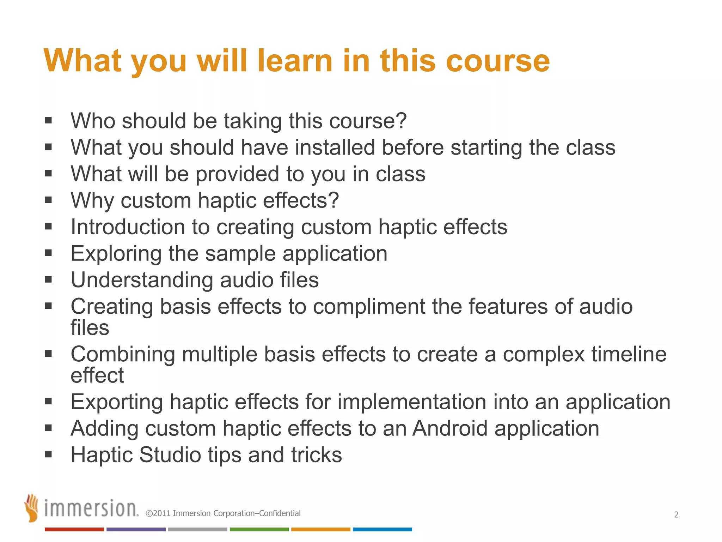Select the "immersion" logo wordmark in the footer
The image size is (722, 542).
coord(91,508)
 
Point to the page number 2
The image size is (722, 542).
coord(676,514)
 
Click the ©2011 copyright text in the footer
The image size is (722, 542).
coord(223,513)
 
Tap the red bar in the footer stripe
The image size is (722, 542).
coord(74,529)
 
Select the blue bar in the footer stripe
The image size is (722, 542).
coord(382,529)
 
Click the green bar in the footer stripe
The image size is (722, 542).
coord(259,529)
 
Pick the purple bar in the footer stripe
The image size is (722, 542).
coord(136,529)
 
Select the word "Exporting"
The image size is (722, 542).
coord(117,402)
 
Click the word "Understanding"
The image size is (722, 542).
coord(142,280)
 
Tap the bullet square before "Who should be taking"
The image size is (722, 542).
coord(48,121)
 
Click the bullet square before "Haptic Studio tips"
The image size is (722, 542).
coord(48,454)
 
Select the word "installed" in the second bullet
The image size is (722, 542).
coord(335,147)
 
